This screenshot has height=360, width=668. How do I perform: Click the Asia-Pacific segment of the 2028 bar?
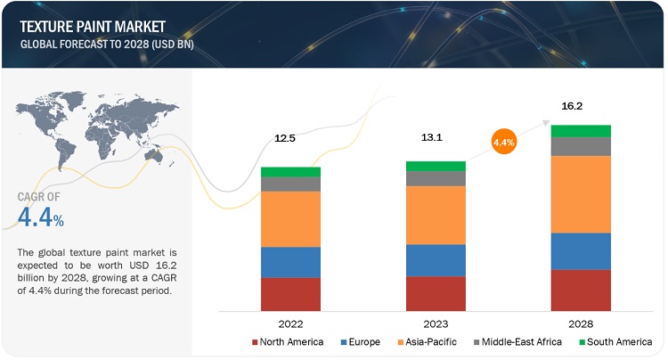pos(581,194)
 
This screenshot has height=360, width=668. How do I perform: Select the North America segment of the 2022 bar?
pos(290,293)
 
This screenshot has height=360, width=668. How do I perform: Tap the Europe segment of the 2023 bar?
pos(436,260)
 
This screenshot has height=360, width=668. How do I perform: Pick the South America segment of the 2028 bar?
pos(581,131)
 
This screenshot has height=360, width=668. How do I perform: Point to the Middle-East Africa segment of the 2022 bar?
pos(290,184)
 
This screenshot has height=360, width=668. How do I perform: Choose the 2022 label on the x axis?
pos(290,323)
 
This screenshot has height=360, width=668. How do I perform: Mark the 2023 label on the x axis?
pos(436,323)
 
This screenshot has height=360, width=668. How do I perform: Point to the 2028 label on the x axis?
pos(581,323)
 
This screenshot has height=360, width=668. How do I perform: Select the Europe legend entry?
pos(363,342)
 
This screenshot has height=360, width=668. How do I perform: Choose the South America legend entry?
pos(615,342)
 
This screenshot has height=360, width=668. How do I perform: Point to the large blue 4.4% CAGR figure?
pos(40,216)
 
